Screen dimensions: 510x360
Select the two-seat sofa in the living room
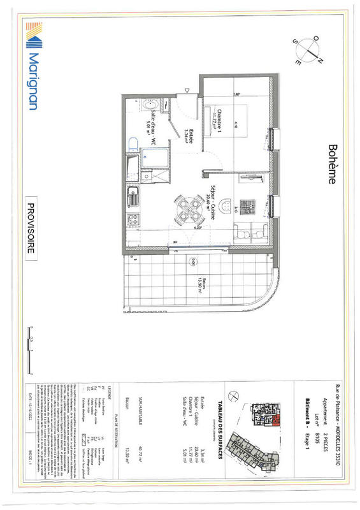click(244, 233)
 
